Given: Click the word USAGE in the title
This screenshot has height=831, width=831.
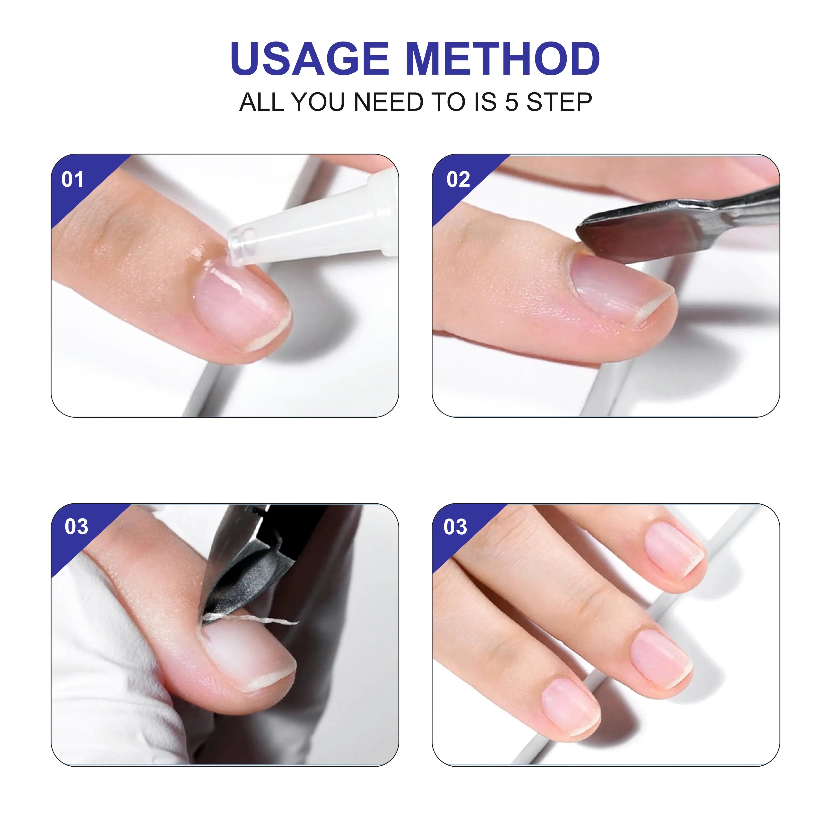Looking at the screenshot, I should coord(310,59).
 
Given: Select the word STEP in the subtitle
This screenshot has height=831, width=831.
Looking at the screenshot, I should coord(559,102).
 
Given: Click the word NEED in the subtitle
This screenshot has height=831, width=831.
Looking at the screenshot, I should coord(388,102).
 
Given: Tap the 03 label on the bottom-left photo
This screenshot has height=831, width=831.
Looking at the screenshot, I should coord(76,527).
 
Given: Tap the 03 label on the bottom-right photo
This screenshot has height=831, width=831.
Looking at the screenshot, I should coord(455,527).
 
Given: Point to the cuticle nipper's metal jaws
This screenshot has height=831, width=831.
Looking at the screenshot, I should coord(241,576).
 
